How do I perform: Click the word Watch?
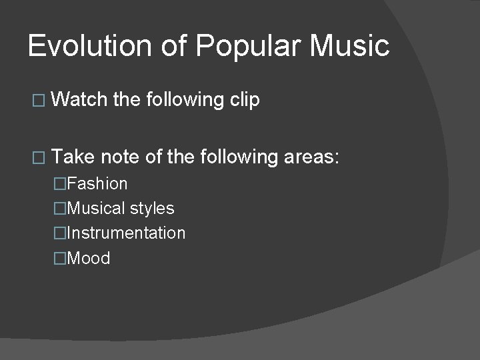(x=79, y=100)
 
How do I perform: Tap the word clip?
(x=245, y=101)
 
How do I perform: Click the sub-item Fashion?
(x=97, y=183)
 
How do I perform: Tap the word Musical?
(x=97, y=209)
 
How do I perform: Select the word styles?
(x=152, y=209)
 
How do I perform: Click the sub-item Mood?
(x=89, y=259)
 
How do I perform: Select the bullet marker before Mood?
(x=61, y=259)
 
